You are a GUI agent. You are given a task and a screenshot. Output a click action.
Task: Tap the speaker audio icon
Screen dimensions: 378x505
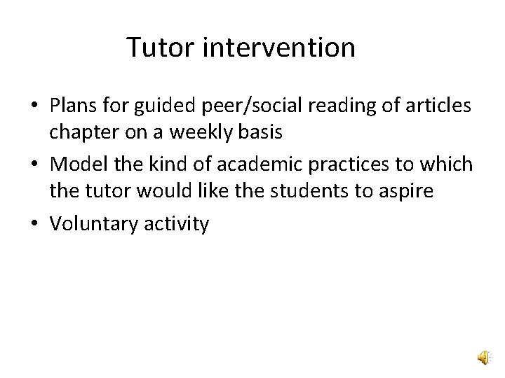[483, 358]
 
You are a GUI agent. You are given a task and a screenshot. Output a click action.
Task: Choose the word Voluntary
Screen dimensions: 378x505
[88, 225]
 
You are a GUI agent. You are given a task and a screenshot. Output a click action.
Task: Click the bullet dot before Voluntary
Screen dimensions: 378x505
[33, 225]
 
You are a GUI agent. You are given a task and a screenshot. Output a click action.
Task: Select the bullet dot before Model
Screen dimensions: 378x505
[33, 165]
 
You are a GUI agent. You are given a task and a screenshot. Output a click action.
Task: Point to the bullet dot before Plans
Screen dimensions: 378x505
[33, 106]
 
